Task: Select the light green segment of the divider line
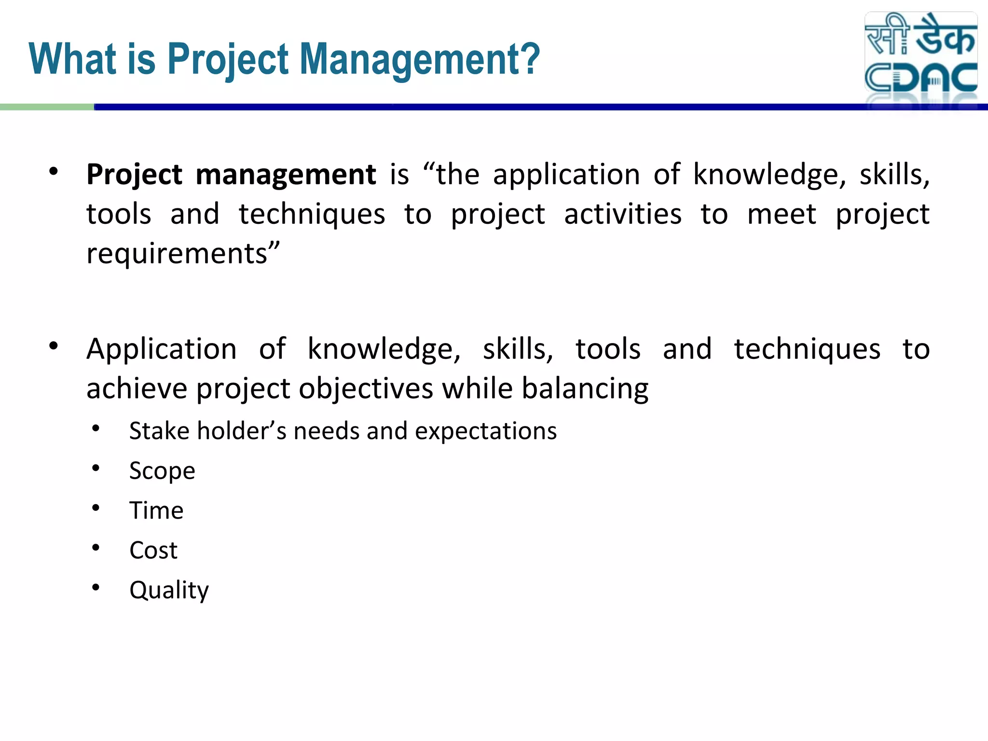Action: coord(47,107)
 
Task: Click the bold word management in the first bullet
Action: coord(286,174)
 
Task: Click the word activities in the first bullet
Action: coord(623,214)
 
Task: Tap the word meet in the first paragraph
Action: coord(782,214)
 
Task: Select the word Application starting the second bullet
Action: coord(162,349)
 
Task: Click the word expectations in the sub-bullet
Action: coord(486,431)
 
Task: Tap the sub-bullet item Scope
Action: coord(162,471)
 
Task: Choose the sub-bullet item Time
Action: coord(156,510)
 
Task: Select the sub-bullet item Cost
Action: coord(153,550)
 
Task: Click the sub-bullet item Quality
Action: coord(169,590)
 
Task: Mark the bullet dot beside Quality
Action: coord(96,587)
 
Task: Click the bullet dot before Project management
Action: coord(54,171)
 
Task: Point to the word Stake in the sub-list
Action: coord(159,431)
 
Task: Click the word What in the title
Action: coord(72,60)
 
